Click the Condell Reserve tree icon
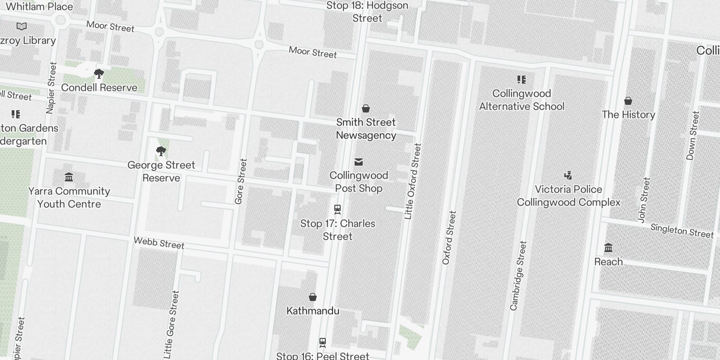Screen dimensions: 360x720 pos(99,74)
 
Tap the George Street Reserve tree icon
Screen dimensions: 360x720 pos(161,151)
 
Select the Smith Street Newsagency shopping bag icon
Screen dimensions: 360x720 pos(366,108)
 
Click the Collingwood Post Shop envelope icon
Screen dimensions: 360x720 pos(359,162)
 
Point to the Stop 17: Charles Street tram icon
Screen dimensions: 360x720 pos(337,209)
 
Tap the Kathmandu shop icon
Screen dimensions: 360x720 pos(313,297)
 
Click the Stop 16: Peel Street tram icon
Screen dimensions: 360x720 pos(323,342)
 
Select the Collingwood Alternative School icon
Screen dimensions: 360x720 pos(522,80)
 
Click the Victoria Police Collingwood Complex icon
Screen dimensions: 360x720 pos(568,175)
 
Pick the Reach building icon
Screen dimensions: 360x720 pos(608,248)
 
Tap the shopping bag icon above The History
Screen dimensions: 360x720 pos(628,101)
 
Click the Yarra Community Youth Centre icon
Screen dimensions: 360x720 pos(69,177)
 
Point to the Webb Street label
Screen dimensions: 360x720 pos(159,243)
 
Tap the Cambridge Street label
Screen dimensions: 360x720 pos(518,275)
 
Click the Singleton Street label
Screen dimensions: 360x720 pos(682,231)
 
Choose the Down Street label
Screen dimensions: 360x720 pos(693,135)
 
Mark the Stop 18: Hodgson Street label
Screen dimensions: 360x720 pos(367,12)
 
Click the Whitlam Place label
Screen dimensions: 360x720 pos(39,7)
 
